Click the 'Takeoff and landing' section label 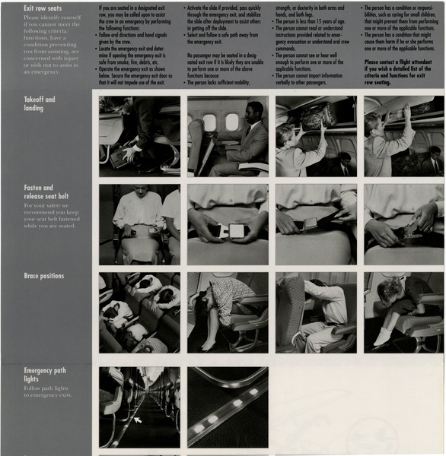pyautogui.click(x=40, y=103)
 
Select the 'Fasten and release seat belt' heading pyautogui.click(x=39, y=192)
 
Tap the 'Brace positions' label pyautogui.click(x=44, y=276)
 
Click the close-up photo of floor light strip pyautogui.click(x=228, y=407)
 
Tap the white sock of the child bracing pyautogui.click(x=380, y=334)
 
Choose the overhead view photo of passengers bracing pyautogui.click(x=139, y=312)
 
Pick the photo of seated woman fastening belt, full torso pyautogui.click(x=139, y=224)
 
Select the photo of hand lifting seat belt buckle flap pyautogui.click(x=404, y=224)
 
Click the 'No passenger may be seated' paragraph pyautogui.click(x=226, y=68)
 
